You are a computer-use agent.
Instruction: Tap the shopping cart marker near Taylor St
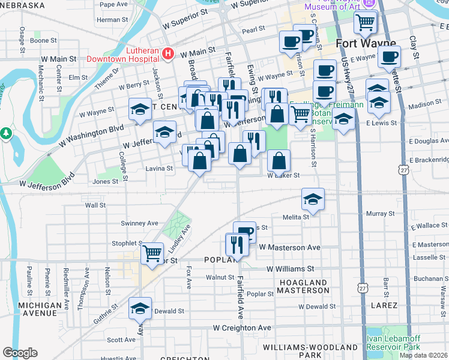tap(152, 253)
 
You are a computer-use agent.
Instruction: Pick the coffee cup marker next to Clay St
tap(389, 58)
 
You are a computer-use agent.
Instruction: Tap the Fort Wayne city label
tap(366, 43)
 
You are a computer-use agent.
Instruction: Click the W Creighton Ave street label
tap(243, 328)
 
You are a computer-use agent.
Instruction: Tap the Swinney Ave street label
tap(139, 223)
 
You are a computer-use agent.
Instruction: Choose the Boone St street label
tap(43, 41)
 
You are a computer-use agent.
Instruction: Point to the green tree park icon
tap(5, 132)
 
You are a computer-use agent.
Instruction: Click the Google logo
tap(20, 353)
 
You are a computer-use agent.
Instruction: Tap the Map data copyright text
tap(424, 355)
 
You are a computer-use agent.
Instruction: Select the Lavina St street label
tap(160, 169)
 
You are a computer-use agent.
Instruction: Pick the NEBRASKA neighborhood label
tap(22, 5)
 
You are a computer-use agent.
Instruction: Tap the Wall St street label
tap(95, 205)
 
